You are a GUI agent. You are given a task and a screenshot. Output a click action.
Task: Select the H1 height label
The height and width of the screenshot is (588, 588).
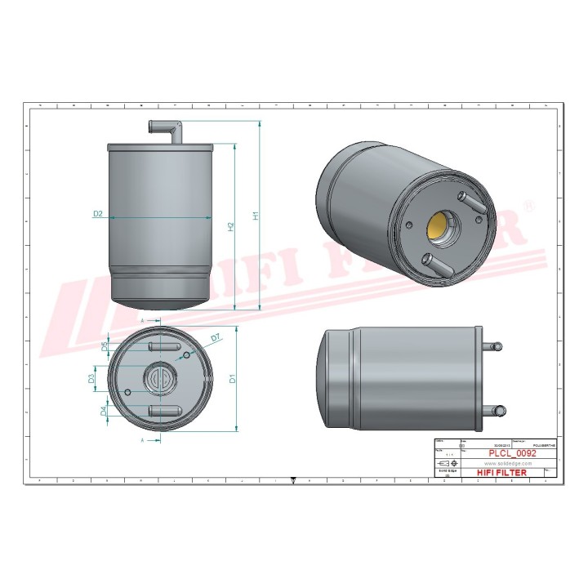tap(256, 216)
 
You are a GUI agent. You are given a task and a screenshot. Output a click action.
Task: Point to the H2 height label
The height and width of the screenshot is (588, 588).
tap(231, 226)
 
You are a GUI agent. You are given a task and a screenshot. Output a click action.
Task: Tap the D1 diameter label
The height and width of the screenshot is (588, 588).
tap(232, 379)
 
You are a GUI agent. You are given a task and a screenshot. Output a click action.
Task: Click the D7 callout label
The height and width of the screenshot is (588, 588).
tap(216, 337)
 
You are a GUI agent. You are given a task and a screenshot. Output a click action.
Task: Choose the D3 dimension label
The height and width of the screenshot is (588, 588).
tap(92, 378)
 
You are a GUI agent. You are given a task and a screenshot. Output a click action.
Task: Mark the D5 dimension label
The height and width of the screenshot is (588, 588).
tap(104, 347)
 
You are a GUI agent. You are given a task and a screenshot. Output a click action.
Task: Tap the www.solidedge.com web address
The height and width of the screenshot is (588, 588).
tap(496, 461)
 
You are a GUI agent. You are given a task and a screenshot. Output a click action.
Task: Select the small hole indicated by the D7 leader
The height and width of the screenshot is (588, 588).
tap(189, 355)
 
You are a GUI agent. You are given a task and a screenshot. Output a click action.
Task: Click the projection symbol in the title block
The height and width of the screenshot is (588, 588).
tap(448, 462)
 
